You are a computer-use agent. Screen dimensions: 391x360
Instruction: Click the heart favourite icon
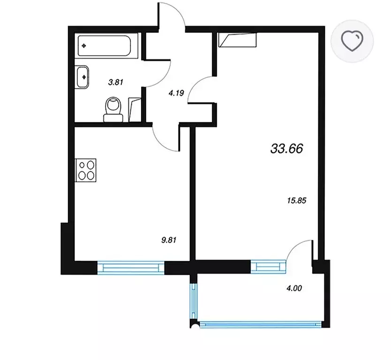point(352,41)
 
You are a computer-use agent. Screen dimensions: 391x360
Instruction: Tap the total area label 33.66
point(287,149)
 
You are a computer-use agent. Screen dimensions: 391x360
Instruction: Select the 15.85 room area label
point(296,201)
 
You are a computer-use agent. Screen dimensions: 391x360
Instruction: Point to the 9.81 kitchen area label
point(169,240)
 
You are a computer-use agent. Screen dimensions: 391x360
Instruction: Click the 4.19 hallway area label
point(176,93)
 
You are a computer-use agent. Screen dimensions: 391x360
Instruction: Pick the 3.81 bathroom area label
point(116,82)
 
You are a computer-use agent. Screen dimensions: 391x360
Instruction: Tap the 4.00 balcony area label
point(294,288)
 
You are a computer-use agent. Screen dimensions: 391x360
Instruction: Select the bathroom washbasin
point(82,77)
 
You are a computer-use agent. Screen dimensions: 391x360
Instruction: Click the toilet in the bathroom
point(113,109)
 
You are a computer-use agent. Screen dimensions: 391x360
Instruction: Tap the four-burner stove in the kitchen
point(86,170)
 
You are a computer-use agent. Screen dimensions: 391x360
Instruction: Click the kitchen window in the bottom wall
point(130,268)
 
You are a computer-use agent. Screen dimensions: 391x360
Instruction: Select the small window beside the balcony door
point(268,267)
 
